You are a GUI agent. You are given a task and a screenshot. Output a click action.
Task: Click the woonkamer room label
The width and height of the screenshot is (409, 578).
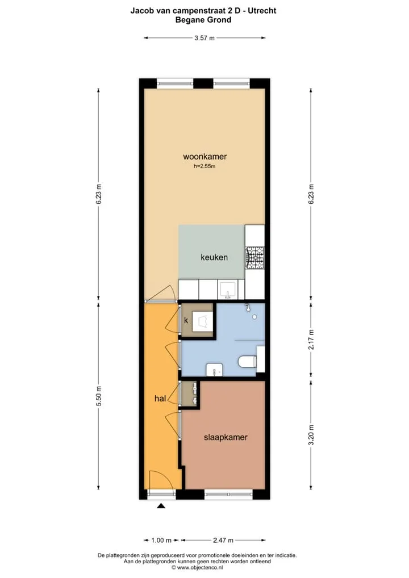204,156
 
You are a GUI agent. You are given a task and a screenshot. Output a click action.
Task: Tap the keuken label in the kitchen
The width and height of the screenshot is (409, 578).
214,257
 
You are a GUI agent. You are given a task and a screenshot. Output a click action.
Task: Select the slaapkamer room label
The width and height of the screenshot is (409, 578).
226,437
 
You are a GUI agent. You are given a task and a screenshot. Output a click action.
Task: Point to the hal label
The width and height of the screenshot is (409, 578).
160,398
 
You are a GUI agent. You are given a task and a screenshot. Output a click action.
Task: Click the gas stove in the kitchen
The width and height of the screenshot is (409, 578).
255,257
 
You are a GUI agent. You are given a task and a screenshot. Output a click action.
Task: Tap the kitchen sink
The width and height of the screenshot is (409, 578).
228,290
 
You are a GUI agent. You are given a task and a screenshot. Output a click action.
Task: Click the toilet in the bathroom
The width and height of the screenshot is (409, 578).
247,361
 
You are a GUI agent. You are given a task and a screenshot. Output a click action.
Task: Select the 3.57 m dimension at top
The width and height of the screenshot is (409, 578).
204,38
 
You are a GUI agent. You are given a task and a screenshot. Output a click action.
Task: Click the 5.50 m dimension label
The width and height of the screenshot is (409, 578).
98,396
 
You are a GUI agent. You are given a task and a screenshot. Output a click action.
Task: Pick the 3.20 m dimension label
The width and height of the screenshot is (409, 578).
311,435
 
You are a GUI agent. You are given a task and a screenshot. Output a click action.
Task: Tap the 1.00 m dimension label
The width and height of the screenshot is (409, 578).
161,540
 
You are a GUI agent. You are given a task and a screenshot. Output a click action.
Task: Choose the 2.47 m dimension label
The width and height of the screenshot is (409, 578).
223,540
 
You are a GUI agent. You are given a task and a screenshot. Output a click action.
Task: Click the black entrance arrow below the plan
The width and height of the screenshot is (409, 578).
161,506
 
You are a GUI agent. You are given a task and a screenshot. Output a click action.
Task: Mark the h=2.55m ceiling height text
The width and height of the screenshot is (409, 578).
204,166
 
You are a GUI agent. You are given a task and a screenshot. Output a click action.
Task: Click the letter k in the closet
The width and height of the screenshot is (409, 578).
186,320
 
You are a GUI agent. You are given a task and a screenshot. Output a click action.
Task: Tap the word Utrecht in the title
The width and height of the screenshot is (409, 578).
262,10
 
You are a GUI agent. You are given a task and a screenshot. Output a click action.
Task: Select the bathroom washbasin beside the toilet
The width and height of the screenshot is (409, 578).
214,370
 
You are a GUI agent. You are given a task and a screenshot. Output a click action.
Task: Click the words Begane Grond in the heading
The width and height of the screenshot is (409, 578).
203,20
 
